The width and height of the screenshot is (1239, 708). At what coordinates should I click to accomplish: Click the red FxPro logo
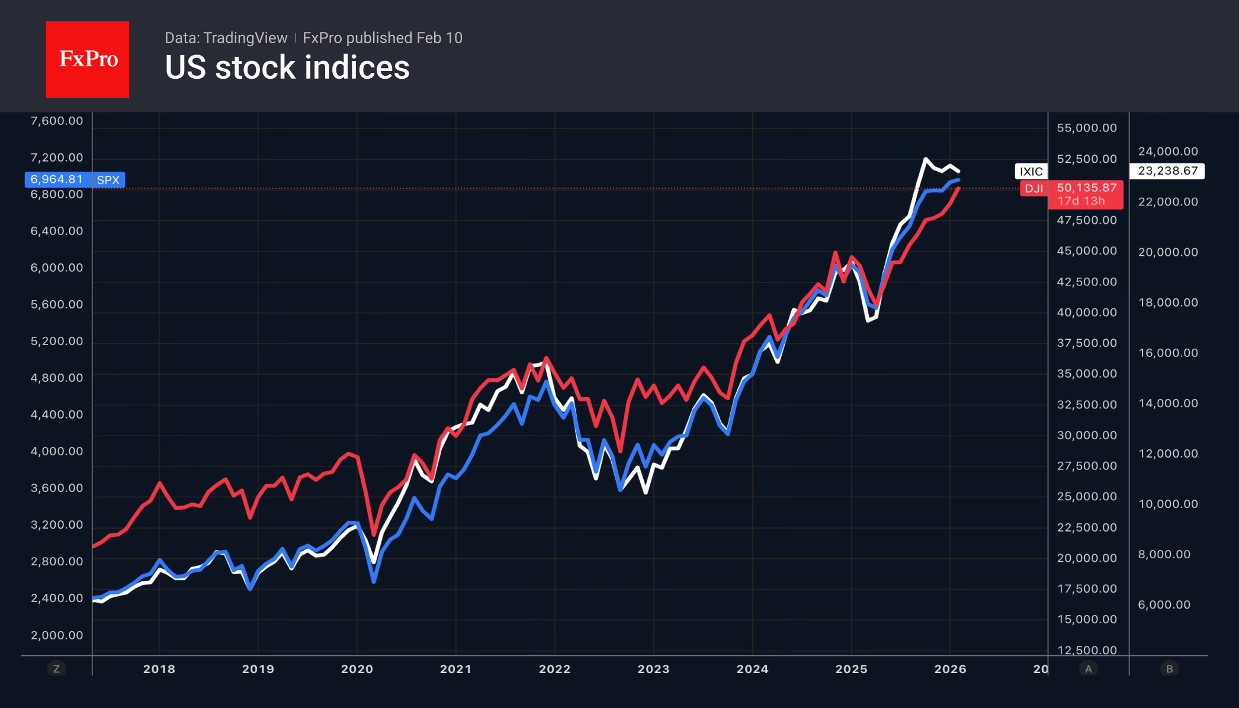pyautogui.click(x=88, y=59)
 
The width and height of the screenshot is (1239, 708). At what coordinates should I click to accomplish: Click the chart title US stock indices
pyautogui.click(x=287, y=67)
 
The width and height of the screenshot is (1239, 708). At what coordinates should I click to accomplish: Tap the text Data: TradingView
pyautogui.click(x=226, y=38)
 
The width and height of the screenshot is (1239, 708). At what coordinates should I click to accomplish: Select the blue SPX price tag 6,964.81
pyautogui.click(x=57, y=179)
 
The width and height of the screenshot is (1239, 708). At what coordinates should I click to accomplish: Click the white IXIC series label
pyautogui.click(x=1031, y=172)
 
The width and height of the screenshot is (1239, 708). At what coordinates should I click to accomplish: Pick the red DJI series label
pyautogui.click(x=1033, y=189)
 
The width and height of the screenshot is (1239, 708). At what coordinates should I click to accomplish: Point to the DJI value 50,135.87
pyautogui.click(x=1086, y=188)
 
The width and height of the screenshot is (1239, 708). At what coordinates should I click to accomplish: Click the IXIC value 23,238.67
pyautogui.click(x=1167, y=171)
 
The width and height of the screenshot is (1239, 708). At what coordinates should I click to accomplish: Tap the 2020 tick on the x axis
pyautogui.click(x=357, y=669)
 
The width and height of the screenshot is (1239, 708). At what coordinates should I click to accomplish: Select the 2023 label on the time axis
pyautogui.click(x=653, y=669)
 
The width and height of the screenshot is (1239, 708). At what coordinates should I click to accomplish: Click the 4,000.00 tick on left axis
pyautogui.click(x=57, y=451)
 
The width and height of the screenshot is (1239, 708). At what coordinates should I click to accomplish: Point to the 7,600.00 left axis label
pyautogui.click(x=57, y=121)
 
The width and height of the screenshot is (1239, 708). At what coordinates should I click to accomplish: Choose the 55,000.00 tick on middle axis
pyautogui.click(x=1087, y=128)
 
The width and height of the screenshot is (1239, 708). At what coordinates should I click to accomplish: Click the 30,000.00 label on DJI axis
pyautogui.click(x=1087, y=435)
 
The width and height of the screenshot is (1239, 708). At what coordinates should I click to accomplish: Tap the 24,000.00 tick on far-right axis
pyautogui.click(x=1168, y=152)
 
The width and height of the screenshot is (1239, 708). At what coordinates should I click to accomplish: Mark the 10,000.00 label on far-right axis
pyautogui.click(x=1168, y=504)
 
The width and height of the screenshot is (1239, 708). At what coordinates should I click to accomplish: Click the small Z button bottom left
pyautogui.click(x=57, y=669)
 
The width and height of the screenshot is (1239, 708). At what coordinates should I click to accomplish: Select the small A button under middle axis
pyautogui.click(x=1088, y=669)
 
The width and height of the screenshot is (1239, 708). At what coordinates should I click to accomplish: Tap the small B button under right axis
pyautogui.click(x=1169, y=669)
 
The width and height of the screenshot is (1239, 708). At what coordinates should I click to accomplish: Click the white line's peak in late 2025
pyautogui.click(x=925, y=159)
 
